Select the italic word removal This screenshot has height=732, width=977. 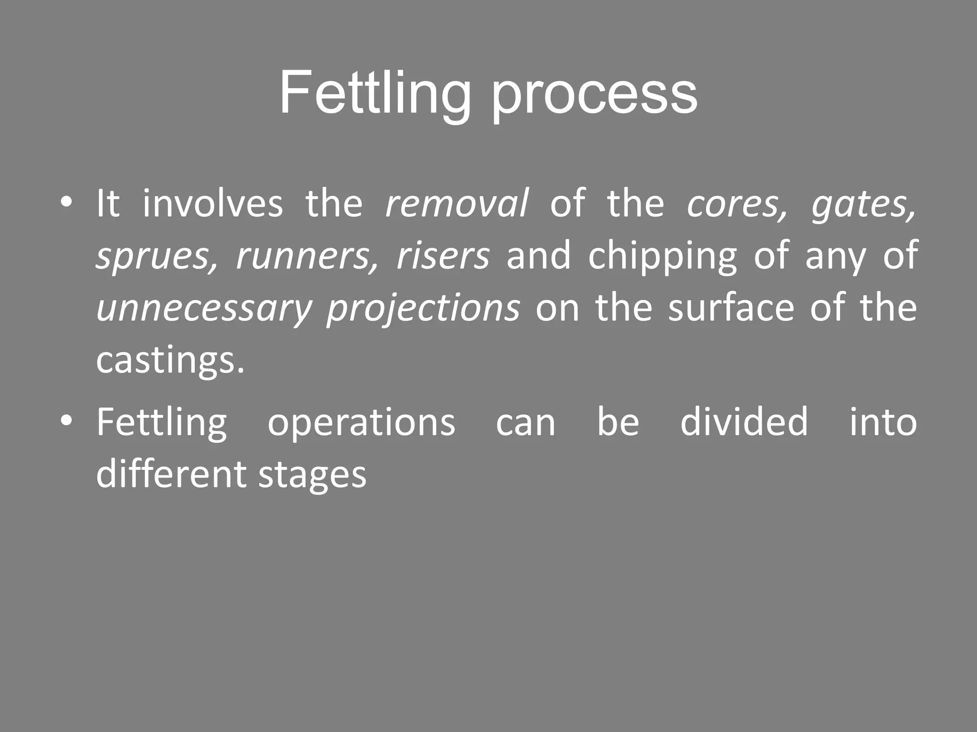tap(457, 203)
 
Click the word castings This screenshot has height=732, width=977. tap(170, 361)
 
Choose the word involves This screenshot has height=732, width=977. tap(213, 204)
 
